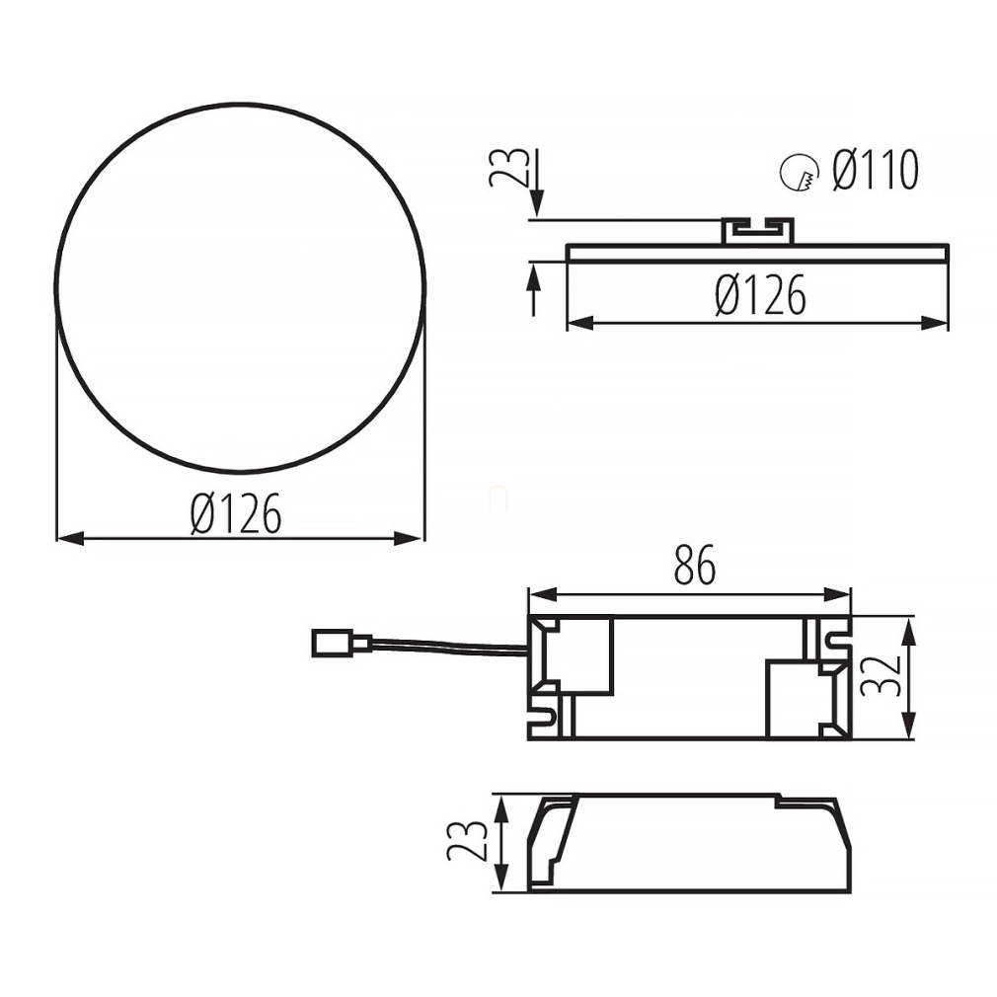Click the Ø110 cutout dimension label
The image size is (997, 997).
point(876,171)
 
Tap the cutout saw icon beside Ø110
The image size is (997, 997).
point(799,173)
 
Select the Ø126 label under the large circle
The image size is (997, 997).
point(236,513)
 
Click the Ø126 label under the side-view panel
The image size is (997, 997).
point(760,295)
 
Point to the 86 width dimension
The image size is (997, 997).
point(695,565)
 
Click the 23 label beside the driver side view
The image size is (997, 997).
point(467,841)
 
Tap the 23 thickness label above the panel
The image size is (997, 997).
point(508,167)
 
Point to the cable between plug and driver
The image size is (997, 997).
point(450,647)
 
